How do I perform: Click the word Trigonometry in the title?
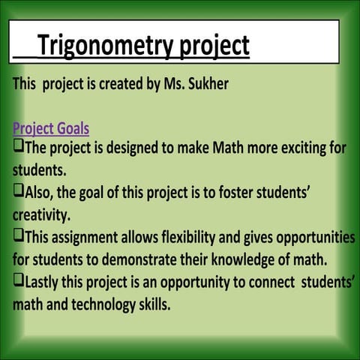click(x=104, y=46)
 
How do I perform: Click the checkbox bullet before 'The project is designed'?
click(x=18, y=146)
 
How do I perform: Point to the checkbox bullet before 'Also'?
click(x=18, y=192)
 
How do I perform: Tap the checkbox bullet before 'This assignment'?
click(x=18, y=237)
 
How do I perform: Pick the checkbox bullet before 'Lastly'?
click(x=18, y=283)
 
